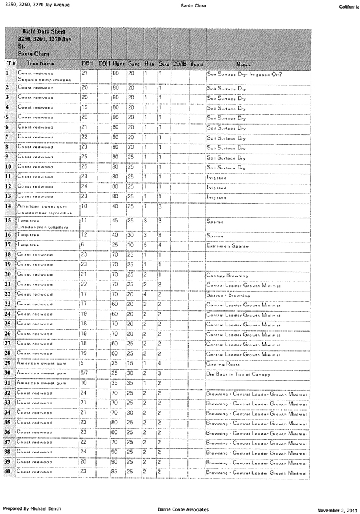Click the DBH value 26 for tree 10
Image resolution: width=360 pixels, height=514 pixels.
(x=85, y=167)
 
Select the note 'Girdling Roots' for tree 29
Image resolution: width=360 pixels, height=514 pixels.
(x=222, y=364)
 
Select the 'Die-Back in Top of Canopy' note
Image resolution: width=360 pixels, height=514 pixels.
(x=233, y=374)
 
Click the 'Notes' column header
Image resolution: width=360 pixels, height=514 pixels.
(x=242, y=64)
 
